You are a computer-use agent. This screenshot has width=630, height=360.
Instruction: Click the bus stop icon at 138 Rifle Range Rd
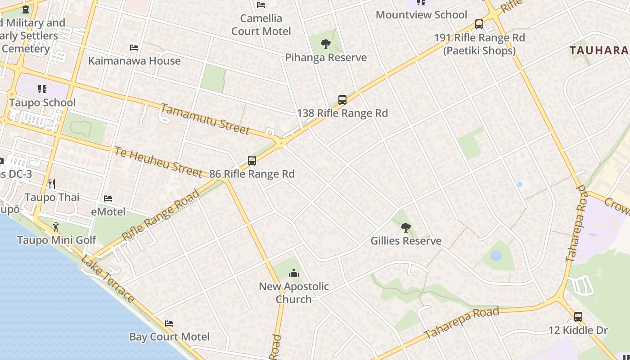point(342,100)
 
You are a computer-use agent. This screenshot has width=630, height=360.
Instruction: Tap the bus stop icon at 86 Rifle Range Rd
point(252,161)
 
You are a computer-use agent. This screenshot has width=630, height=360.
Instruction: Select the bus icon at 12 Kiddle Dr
point(578,317)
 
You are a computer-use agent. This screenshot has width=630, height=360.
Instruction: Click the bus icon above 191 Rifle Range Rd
point(479,24)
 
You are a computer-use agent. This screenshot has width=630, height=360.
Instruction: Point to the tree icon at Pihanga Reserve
point(326,44)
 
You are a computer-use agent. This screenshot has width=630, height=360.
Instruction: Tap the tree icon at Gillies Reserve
point(406,228)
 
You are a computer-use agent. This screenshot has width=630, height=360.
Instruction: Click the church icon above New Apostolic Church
point(294,273)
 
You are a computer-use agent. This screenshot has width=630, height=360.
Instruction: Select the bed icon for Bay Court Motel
point(169,324)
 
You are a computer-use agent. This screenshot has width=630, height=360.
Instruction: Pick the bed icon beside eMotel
point(108,198)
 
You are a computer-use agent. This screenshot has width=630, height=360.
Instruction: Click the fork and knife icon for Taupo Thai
point(52,184)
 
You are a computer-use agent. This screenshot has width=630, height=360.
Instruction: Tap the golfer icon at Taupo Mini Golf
point(56,226)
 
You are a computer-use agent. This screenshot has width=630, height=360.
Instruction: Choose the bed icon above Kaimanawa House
point(134,47)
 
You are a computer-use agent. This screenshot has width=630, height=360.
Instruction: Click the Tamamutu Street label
point(205,119)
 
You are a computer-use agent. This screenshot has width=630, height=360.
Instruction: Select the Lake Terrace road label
point(108,279)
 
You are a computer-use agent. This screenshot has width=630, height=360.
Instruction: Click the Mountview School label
point(421,15)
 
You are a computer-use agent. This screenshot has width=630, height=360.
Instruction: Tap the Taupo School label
point(42,103)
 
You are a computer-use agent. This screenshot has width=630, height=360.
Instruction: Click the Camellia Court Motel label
point(261,25)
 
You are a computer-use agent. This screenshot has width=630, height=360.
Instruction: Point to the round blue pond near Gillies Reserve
point(496,256)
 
